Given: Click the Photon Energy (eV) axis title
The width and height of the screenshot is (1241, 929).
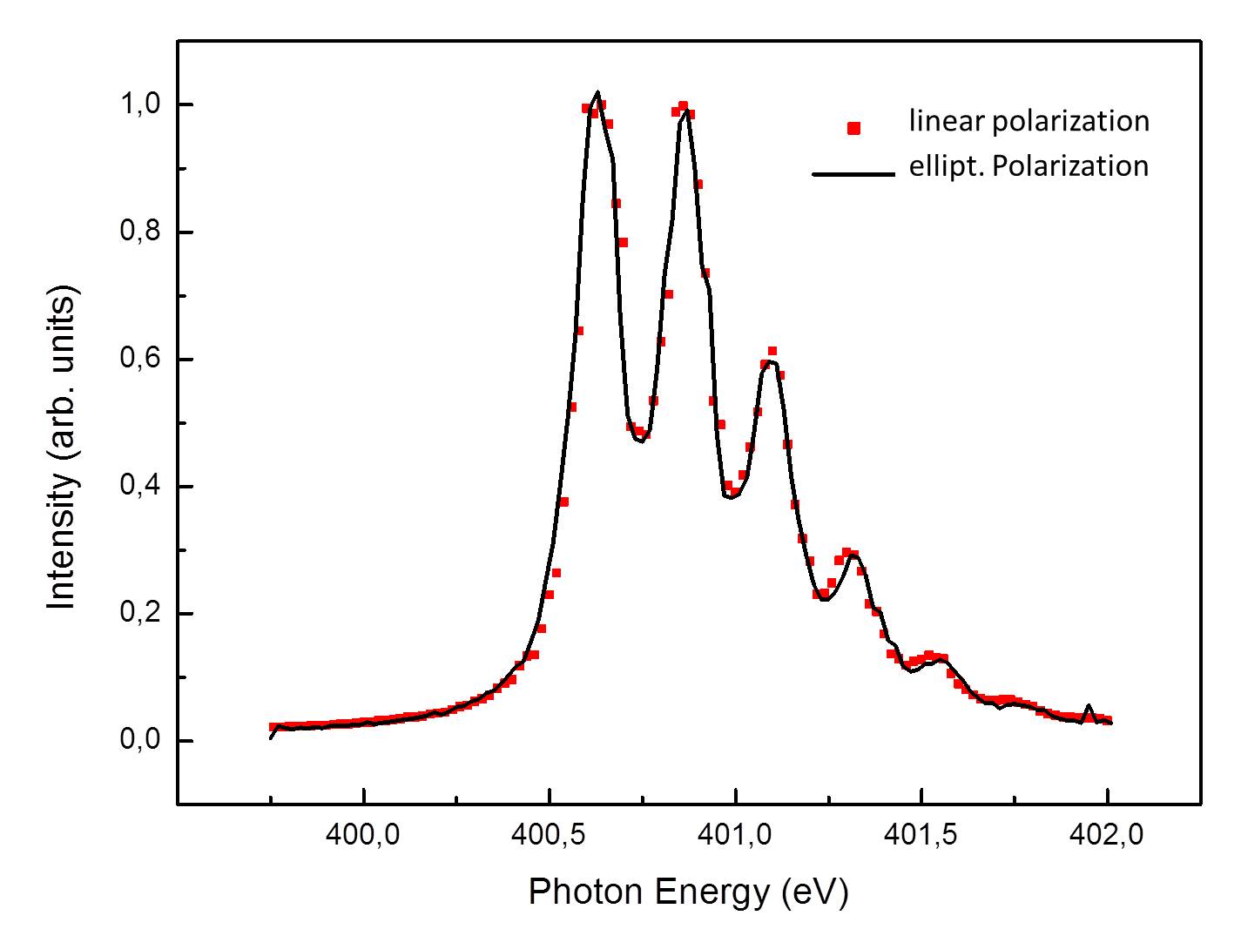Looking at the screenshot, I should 688,892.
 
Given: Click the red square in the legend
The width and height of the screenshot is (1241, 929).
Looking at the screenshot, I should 854,129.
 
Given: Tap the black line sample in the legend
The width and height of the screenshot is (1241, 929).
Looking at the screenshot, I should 853,174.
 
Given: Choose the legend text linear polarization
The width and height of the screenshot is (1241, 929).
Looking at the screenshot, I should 1029,121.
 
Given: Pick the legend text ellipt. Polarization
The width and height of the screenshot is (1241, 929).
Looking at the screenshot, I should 1029,165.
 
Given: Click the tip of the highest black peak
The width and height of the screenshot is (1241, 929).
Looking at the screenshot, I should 597,92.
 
